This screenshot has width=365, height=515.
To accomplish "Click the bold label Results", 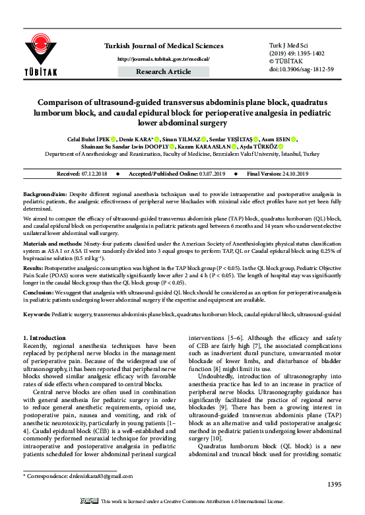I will [33, 269].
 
